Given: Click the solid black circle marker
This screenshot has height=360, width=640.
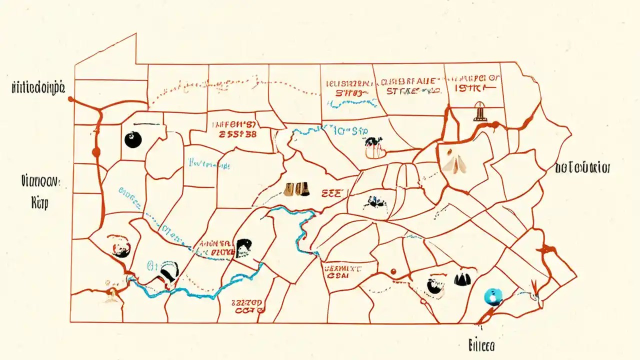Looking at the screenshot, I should [x=133, y=139].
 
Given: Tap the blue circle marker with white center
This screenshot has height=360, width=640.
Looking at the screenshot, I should [x=492, y=296].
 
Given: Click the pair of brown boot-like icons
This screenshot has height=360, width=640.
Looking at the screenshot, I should [x=296, y=189].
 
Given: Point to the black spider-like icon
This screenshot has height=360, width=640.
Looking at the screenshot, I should [x=373, y=201].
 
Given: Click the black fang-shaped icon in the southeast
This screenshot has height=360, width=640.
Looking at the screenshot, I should [x=462, y=279].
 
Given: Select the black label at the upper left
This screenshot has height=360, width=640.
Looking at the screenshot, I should [x=38, y=88].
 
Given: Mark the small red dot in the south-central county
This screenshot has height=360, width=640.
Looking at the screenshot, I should [x=393, y=271].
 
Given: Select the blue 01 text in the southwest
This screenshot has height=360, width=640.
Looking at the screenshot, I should [x=152, y=265].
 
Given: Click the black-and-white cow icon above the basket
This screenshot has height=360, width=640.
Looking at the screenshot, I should [x=372, y=142].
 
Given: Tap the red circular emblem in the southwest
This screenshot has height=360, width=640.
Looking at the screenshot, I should [x=120, y=246].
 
